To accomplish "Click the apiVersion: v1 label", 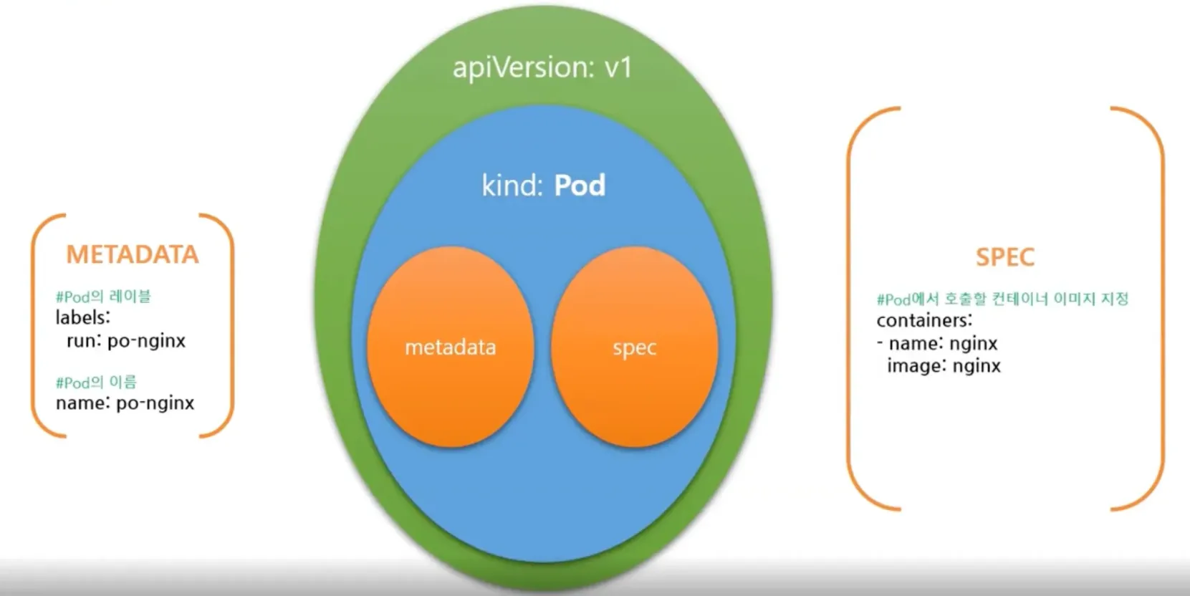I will [x=542, y=68].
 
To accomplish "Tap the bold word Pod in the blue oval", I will [x=580, y=186].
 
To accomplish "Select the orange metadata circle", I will [x=451, y=347].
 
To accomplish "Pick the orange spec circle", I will [x=635, y=347].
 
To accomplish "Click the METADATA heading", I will [x=133, y=255].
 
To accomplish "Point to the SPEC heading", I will [x=1005, y=257].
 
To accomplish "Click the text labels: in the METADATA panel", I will [x=83, y=317].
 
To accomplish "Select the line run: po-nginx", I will [x=126, y=341].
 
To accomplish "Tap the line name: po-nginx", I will [x=125, y=403].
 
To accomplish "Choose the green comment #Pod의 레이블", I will [x=103, y=297].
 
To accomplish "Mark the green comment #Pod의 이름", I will [x=96, y=383].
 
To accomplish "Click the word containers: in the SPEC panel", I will [x=924, y=320].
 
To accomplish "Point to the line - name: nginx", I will [x=937, y=343].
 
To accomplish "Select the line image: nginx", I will [x=944, y=366].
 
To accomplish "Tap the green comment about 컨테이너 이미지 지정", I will [x=1002, y=299].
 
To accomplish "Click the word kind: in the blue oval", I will [x=512, y=186].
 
